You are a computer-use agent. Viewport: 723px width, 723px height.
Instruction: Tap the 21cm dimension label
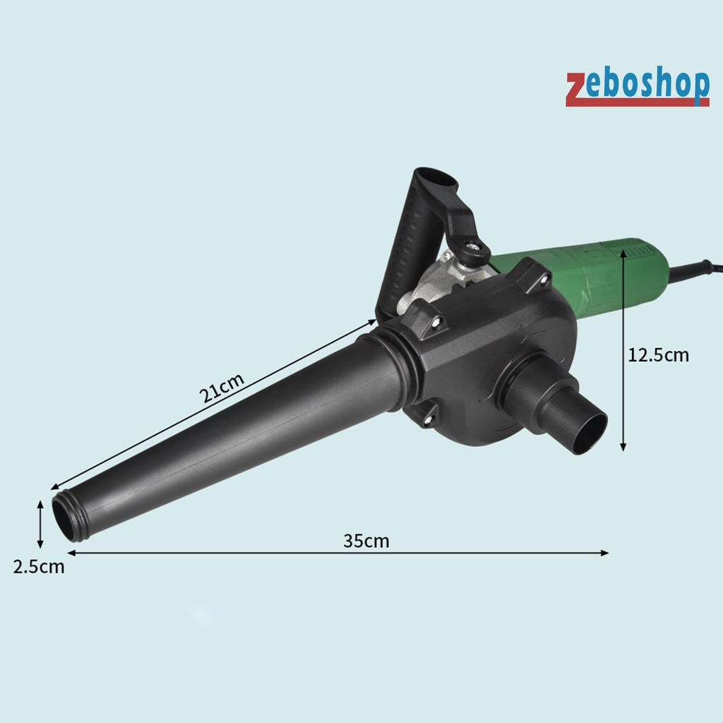pos(221,388)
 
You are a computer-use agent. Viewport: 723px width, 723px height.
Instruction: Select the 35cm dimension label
pos(366,541)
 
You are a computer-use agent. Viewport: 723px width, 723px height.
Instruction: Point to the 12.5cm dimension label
pos(659,355)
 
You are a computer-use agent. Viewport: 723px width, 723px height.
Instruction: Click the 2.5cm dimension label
pos(39,567)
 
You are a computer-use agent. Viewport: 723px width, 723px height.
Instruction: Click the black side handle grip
pos(406,249)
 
